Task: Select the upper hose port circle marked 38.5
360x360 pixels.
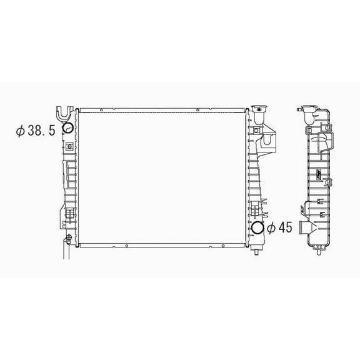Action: pyautogui.click(x=68, y=129)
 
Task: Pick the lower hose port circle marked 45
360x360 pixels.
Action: pyautogui.click(x=257, y=229)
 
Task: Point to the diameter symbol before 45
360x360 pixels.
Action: pyautogui.click(x=270, y=229)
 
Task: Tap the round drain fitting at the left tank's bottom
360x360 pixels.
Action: pyautogui.click(x=67, y=239)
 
